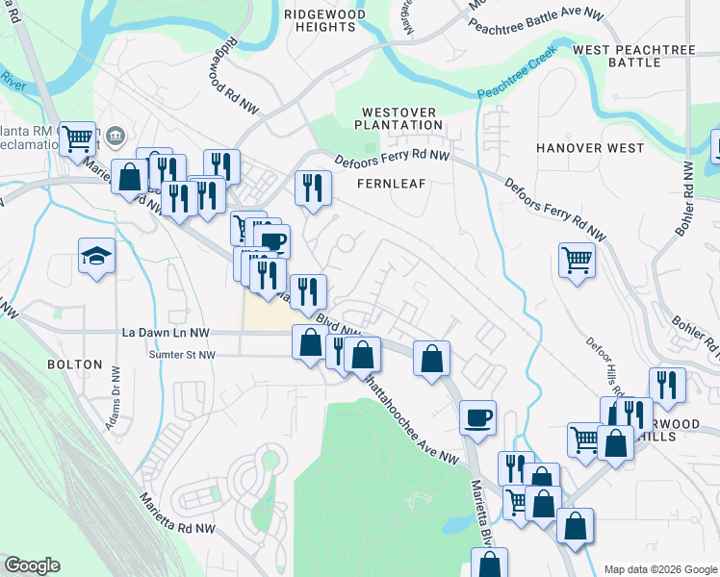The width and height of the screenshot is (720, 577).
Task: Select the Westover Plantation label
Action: pyautogui.click(x=399, y=118)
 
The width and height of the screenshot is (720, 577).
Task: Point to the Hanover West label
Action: pyautogui.click(x=589, y=148)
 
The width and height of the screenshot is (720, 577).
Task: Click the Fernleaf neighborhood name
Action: pyautogui.click(x=391, y=182)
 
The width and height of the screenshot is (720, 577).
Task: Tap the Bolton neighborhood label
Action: pyautogui.click(x=74, y=364)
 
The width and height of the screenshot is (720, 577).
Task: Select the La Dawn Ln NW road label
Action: pyautogui.click(x=166, y=333)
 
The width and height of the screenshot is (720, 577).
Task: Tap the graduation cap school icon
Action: pyautogui.click(x=96, y=256)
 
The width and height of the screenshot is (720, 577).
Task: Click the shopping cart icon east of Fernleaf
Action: pyautogui.click(x=577, y=258)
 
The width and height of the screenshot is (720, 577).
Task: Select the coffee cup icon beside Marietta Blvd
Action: pyautogui.click(x=477, y=417)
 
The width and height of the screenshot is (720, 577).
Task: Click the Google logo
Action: pyautogui.click(x=32, y=565)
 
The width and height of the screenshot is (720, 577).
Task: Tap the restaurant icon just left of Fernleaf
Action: pyautogui.click(x=313, y=188)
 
